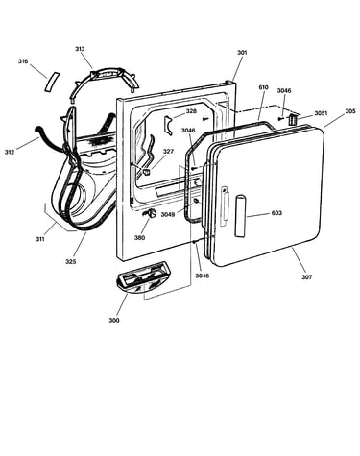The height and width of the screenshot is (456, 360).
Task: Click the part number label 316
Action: (23, 61)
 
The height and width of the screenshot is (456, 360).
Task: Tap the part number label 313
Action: (80, 49)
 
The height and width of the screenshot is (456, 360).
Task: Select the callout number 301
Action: (242, 52)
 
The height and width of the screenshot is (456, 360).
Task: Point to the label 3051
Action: (321, 113)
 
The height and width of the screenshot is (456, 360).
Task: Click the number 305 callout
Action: (350, 111)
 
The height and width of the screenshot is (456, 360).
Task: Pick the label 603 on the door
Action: (276, 213)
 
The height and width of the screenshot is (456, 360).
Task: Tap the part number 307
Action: (306, 277)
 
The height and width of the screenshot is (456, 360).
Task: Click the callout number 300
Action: (114, 320)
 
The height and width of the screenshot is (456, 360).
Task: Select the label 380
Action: (139, 237)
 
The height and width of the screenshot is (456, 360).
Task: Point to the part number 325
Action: (71, 261)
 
